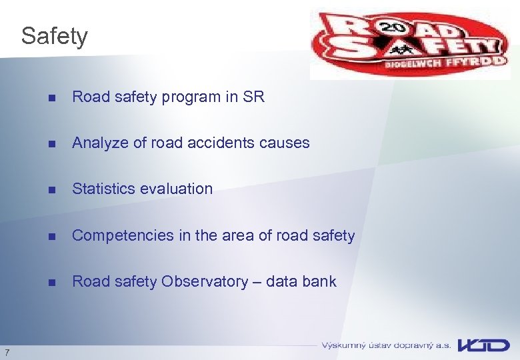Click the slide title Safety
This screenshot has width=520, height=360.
[54, 36]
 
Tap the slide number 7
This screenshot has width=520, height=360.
[7, 352]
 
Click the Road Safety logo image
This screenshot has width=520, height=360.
[409, 45]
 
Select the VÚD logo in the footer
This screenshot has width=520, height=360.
[484, 345]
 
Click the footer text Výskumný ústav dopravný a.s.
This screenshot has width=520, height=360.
[386, 345]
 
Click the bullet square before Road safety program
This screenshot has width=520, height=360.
[52, 97]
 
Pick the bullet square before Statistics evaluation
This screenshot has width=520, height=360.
[52, 189]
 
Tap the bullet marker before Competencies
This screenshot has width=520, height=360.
[52, 236]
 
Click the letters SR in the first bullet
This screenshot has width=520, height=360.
[253, 97]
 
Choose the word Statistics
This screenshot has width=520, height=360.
[101, 189]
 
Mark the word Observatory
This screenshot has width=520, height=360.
[204, 281]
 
